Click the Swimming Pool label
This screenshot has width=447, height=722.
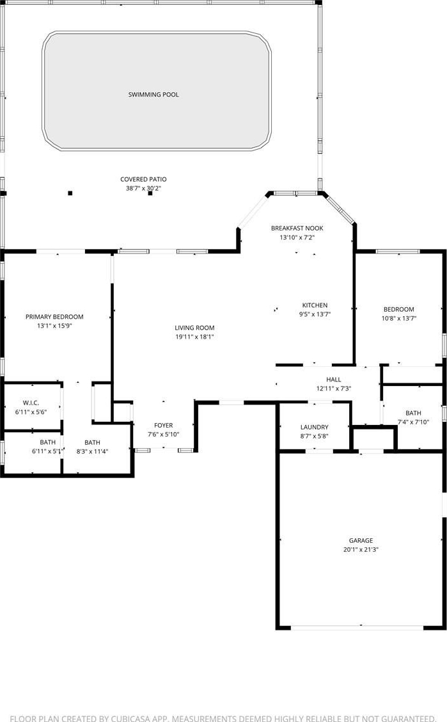tap(153, 94)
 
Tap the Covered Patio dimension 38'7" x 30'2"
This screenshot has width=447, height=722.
tap(143, 188)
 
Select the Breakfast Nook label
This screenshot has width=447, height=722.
tap(297, 228)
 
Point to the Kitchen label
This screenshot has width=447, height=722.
tap(315, 305)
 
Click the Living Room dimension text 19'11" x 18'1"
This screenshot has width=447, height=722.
tap(194, 337)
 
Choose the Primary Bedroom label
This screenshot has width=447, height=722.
tap(54, 317)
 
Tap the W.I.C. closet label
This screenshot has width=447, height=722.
tap(31, 403)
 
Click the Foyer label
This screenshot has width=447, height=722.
tap(163, 426)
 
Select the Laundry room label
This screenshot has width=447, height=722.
tap(315, 428)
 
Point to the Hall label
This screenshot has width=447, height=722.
tap(333, 380)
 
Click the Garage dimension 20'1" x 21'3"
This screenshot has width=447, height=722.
tap(361, 549)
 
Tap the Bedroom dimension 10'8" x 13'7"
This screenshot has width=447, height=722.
tap(399, 318)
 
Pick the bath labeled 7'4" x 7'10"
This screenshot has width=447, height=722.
tap(414, 413)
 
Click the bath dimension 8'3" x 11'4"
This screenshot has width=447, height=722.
tap(93, 452)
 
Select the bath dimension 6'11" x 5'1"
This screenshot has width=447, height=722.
tap(48, 452)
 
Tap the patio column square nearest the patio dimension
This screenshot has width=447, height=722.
tap(150, 193)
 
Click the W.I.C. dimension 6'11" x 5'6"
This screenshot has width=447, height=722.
tap(31, 412)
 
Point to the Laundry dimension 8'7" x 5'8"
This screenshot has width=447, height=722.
tap(315, 437)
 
